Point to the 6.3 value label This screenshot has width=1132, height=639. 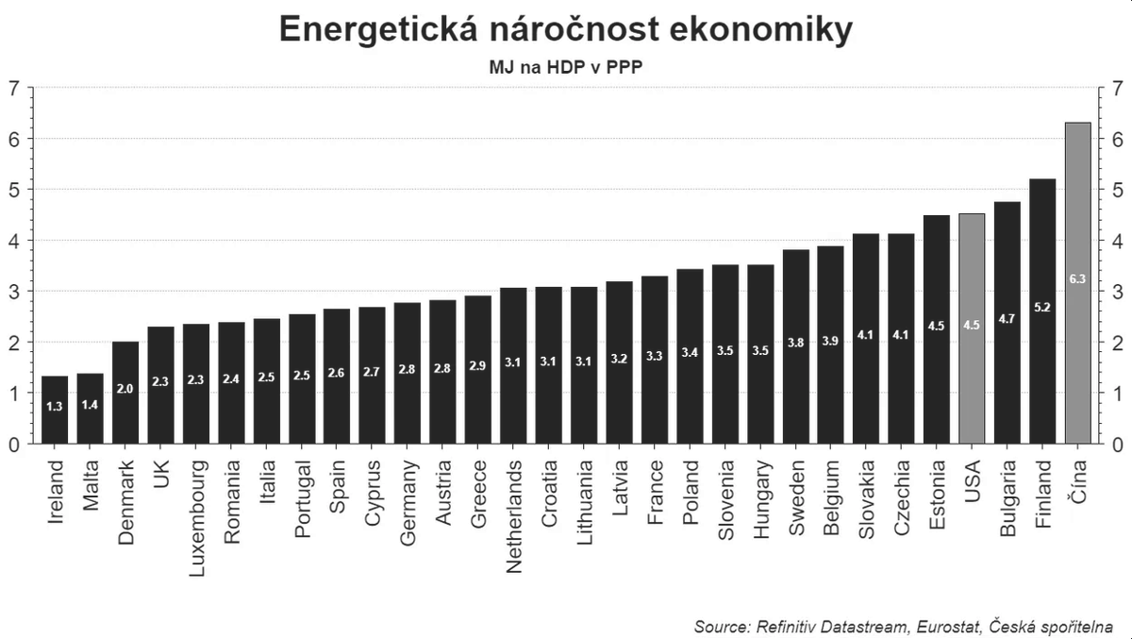click(x=1077, y=279)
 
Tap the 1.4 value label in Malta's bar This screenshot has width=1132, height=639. click(x=91, y=405)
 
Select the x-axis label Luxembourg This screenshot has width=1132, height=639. click(x=196, y=505)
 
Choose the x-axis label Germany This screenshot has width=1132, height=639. click(x=408, y=502)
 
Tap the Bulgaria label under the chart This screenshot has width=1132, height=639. click(x=1007, y=498)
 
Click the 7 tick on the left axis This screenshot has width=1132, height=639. click(x=13, y=88)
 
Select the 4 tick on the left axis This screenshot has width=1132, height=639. click(x=13, y=241)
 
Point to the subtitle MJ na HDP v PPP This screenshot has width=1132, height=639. click(x=565, y=68)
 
